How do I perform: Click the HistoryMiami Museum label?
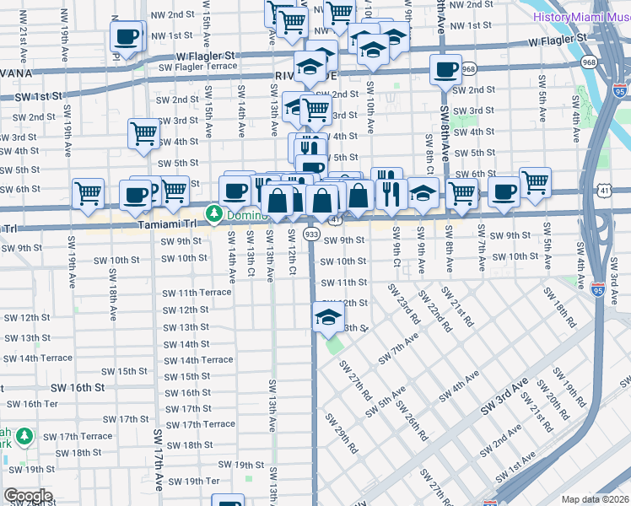coord(580,16)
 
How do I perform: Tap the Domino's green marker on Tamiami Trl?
coord(214,214)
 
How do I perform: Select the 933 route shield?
coord(311,234)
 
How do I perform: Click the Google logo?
coord(28,496)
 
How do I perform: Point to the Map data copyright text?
coord(596,499)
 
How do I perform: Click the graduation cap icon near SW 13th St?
coord(327,318)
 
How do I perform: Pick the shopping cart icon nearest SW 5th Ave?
coord(535,182)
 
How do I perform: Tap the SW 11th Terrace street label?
coord(197,293)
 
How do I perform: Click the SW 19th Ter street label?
coord(194,481)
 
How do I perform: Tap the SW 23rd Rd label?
coord(404,304)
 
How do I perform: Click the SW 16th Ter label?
coord(39,404)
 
